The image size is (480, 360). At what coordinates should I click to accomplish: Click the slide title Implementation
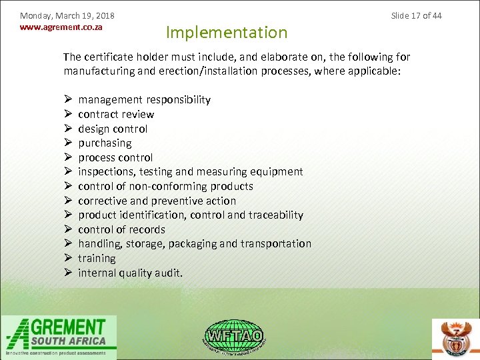(x=227, y=32)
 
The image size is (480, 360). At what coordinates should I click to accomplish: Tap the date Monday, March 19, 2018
(x=67, y=15)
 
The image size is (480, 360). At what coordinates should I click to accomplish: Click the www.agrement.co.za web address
(x=61, y=27)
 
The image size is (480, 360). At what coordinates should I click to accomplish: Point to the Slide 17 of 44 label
(x=416, y=15)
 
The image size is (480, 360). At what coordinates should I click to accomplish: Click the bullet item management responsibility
(x=144, y=100)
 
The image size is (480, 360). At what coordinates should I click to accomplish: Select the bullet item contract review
(x=116, y=114)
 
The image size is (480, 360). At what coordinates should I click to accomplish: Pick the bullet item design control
(x=113, y=129)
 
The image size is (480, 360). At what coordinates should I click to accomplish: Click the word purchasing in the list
(x=105, y=143)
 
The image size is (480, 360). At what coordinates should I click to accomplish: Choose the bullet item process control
(x=115, y=157)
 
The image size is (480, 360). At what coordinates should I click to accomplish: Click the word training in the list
(x=97, y=258)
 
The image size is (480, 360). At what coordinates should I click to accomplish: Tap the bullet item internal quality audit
(x=130, y=273)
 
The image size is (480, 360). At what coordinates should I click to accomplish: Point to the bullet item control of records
(x=121, y=229)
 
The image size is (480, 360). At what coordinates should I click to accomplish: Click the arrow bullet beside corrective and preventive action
(x=69, y=201)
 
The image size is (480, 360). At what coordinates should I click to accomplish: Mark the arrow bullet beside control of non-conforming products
(x=69, y=186)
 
